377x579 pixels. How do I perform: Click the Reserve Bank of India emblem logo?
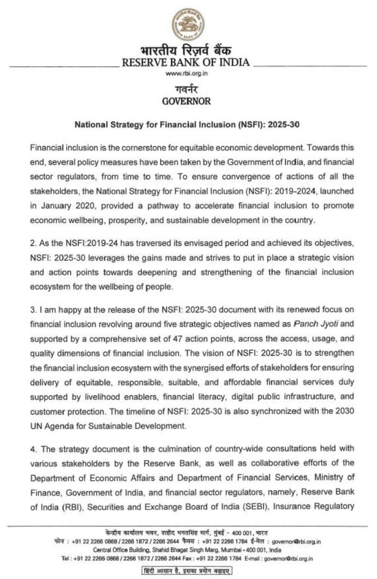point(188,24)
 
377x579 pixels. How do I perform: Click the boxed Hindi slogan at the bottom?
point(186,570)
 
